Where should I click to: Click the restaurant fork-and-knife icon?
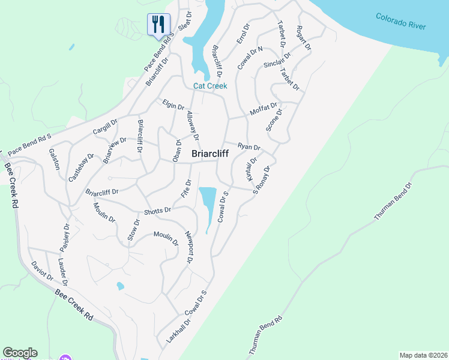pyautogui.click(x=158, y=25)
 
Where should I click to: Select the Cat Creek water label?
pyautogui.click(x=210, y=86)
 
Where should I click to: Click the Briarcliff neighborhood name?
pyautogui.click(x=209, y=154)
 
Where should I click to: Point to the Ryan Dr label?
pyautogui.click(x=249, y=146)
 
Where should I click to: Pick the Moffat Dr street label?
pyautogui.click(x=264, y=110)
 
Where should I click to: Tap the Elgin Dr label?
pyautogui.click(x=173, y=105)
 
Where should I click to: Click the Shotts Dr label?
pyautogui.click(x=157, y=211)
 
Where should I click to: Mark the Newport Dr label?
pyautogui.click(x=188, y=247)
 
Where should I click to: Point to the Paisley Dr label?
pyautogui.click(x=65, y=238)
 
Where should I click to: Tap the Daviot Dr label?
pyautogui.click(x=42, y=272)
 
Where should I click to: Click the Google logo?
pyautogui.click(x=20, y=353)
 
